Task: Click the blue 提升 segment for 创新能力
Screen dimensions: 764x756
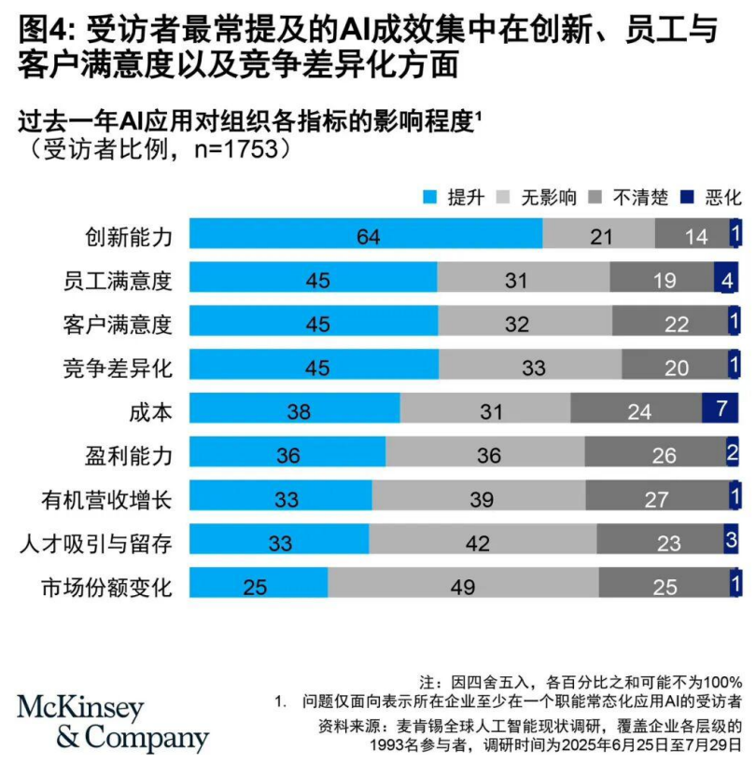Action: point(366,235)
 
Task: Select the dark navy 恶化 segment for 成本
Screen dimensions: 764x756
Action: point(720,409)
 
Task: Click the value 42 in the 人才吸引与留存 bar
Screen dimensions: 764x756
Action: point(483,540)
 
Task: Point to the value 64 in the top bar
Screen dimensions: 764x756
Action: point(368,235)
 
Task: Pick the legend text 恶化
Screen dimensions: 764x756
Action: point(722,197)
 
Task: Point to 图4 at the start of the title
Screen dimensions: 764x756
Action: point(41,30)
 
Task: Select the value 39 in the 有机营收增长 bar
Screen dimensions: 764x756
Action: point(482,497)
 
